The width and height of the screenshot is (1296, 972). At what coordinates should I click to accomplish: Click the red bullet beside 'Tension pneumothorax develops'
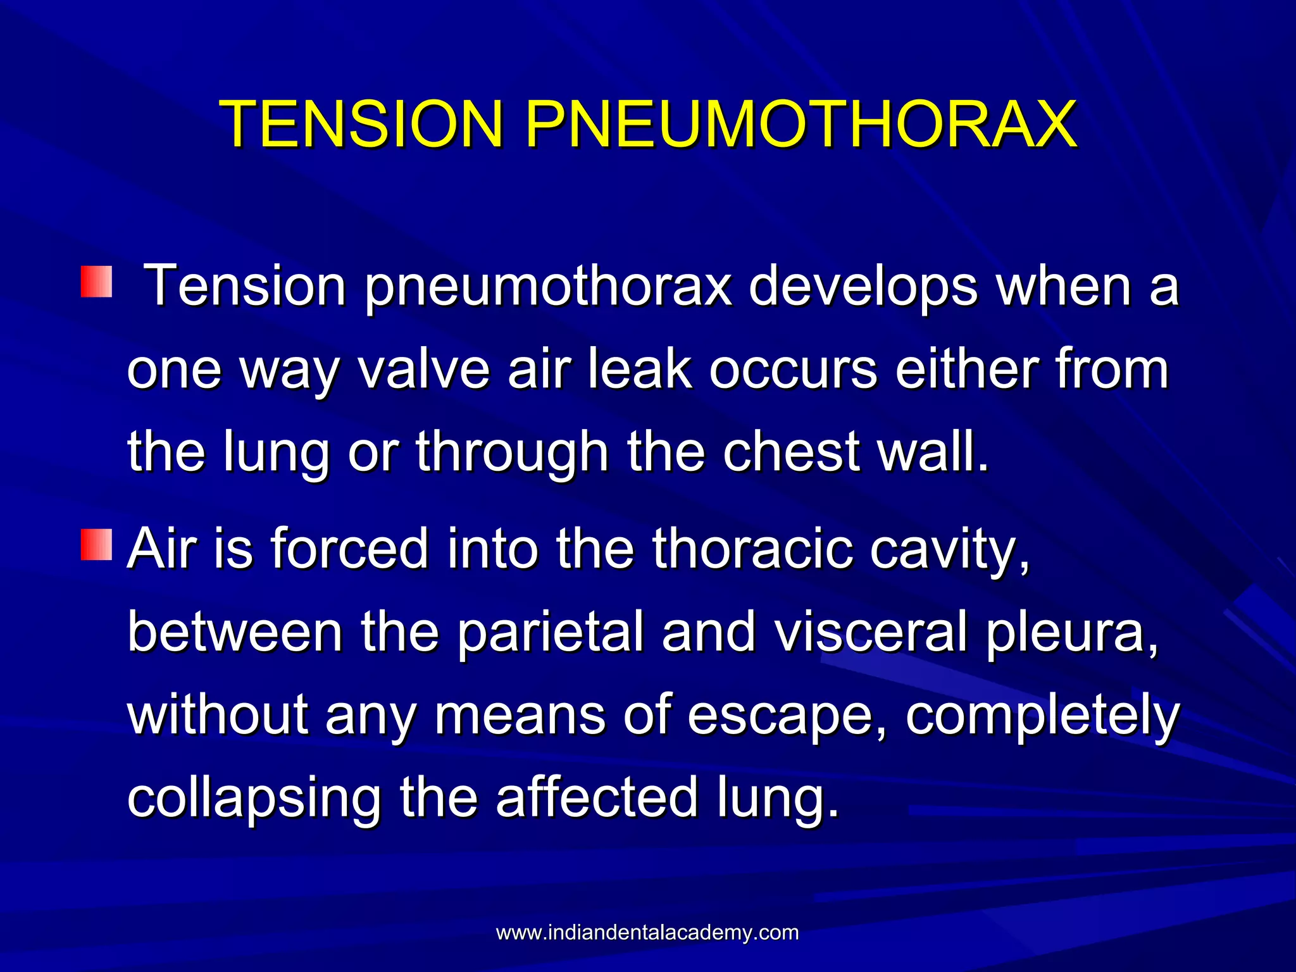click(96, 282)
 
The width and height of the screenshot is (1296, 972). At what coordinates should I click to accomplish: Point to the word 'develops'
click(863, 288)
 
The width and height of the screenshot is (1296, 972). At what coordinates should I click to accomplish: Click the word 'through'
click(511, 452)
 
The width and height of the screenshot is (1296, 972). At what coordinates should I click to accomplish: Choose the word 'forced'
click(350, 549)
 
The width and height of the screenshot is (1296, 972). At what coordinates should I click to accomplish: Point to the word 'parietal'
click(549, 633)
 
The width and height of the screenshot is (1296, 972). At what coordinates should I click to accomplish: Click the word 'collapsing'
click(254, 799)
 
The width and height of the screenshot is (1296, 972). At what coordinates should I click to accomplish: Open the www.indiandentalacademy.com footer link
click(647, 933)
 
